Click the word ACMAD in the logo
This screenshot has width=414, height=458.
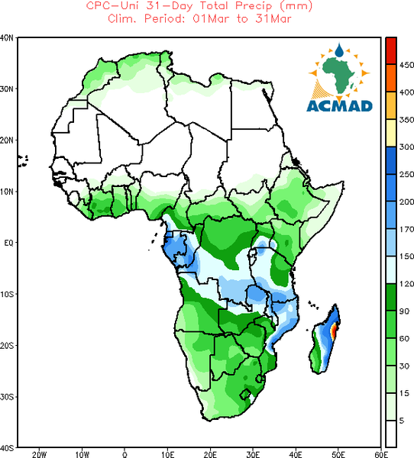click(339, 106)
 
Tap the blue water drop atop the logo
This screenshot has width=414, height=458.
click(339, 50)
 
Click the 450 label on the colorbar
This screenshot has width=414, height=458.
click(406, 65)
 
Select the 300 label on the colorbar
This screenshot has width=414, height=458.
click(406, 147)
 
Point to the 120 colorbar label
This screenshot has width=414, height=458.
click(406, 284)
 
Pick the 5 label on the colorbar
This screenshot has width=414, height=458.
click(402, 421)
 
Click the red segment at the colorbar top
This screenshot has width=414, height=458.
click(391, 50)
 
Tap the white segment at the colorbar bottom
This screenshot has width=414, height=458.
click(391, 434)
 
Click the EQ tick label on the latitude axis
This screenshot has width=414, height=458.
click(8, 243)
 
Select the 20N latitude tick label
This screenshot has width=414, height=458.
click(7, 140)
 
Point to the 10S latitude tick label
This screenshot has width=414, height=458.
click(7, 294)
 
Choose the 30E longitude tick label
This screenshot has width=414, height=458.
click(253, 454)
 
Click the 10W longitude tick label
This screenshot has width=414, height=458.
click(82, 454)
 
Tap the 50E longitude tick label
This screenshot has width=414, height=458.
click(338, 454)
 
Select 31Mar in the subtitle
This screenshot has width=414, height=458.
click(273, 19)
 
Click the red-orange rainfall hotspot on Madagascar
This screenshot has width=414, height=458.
click(334, 332)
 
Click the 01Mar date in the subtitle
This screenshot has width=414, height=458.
click(211, 19)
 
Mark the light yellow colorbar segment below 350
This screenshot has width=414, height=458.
click(391, 132)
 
